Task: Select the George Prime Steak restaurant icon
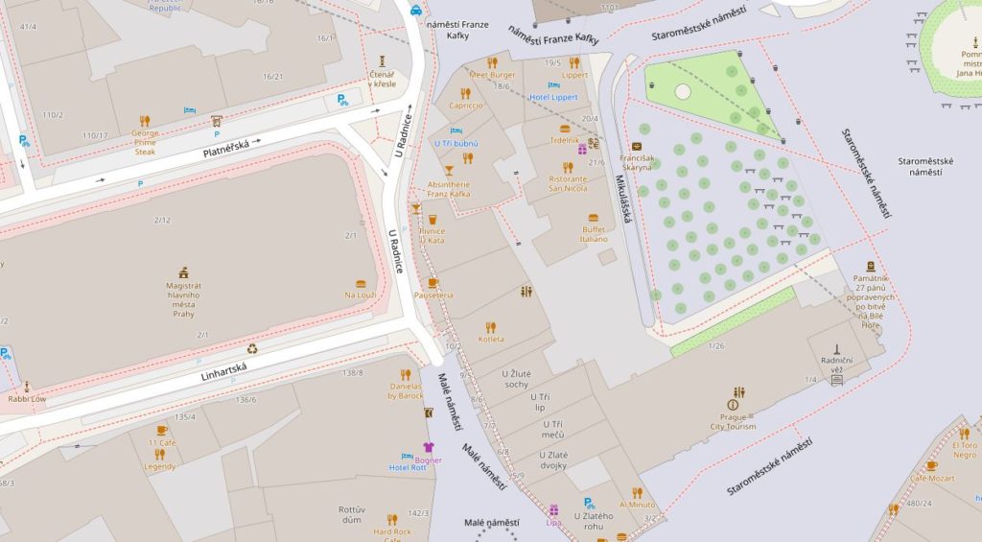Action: [x=145, y=121]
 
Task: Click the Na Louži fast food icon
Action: [x=361, y=284]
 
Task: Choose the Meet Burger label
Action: [x=492, y=75]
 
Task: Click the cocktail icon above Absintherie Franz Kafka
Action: [x=448, y=169]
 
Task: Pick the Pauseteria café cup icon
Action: [x=433, y=283]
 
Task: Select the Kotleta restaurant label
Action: [x=491, y=340]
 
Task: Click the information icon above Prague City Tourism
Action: [x=734, y=405]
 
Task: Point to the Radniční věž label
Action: [x=836, y=364]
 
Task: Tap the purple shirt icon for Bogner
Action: [x=428, y=446]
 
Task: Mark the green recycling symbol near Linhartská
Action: [x=252, y=349]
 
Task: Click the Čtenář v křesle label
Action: [x=384, y=80]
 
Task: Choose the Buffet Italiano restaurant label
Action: [x=595, y=234]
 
